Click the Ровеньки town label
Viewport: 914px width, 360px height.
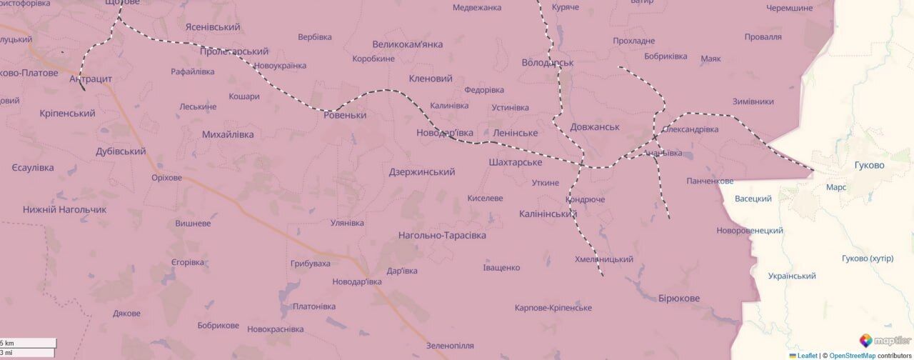coord(346,115)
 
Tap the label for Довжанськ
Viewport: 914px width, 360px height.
coord(595,127)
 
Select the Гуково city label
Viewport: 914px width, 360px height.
coord(869,165)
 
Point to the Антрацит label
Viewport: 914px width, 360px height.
coord(91,79)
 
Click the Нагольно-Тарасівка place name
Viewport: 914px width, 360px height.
coord(442,235)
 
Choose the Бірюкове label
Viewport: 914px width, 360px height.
coord(679,298)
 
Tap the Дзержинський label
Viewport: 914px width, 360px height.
coord(422,172)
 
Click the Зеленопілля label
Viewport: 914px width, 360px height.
coord(450,346)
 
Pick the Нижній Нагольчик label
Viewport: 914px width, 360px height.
coord(64,209)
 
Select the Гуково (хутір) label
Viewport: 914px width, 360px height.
coord(868,259)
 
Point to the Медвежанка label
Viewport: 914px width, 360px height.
coord(477,8)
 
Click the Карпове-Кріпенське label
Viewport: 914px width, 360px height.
coord(553,308)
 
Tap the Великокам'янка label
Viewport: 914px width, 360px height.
coord(408,44)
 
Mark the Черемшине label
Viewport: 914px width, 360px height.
coord(789,8)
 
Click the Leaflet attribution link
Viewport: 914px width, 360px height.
coord(807,355)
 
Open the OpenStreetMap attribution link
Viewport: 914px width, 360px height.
coord(853,355)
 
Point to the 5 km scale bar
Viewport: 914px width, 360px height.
coord(27,343)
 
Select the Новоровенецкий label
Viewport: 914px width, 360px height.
coord(750,231)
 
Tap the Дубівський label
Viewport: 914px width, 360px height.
coord(121,151)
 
